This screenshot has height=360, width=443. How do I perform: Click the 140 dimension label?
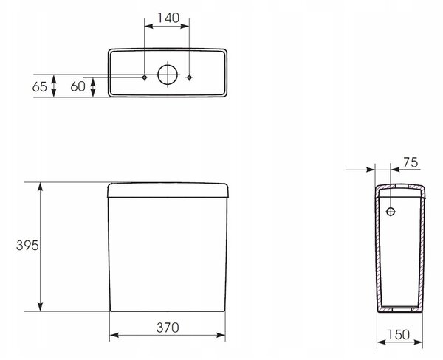[x=168, y=18]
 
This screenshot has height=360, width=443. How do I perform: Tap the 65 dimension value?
[x=40, y=87]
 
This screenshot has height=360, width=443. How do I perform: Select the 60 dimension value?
[x=78, y=86]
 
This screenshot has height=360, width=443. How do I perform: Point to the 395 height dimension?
[x=27, y=246]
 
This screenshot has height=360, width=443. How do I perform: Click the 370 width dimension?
[x=168, y=328]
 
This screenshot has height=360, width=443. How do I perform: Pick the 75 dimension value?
[x=411, y=162]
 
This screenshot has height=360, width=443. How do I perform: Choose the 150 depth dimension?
[x=399, y=335]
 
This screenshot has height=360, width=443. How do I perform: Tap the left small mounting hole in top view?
[x=145, y=77]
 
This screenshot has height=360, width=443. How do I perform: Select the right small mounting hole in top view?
[x=189, y=77]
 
